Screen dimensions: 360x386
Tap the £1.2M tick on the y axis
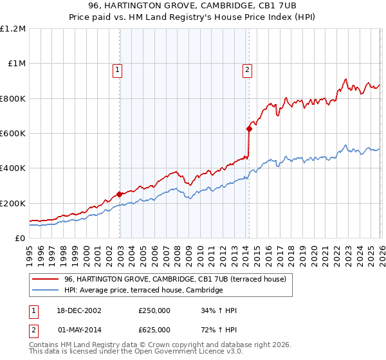point(13,29)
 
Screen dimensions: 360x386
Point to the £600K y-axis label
point(13,134)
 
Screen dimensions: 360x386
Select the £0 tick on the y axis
point(21,239)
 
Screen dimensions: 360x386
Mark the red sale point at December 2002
point(120,194)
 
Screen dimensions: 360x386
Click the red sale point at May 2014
point(249,129)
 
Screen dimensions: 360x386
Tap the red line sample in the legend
point(46,279)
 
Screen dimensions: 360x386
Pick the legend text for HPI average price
point(143,291)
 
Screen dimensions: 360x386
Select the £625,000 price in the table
point(154,329)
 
